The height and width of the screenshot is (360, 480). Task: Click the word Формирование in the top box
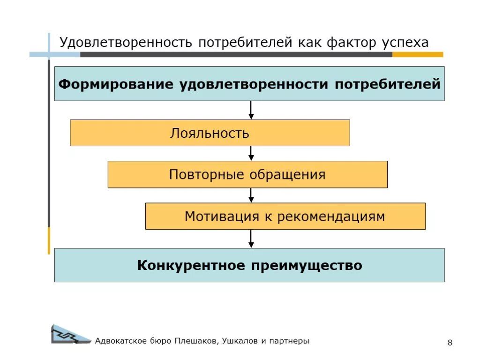[116, 84]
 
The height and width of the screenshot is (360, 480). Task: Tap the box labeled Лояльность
[210, 133]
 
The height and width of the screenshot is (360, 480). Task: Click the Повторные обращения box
[247, 175]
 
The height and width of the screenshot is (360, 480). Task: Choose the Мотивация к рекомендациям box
[285, 217]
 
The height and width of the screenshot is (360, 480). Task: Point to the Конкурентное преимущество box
[249, 266]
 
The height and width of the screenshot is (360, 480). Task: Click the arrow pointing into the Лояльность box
[251, 110]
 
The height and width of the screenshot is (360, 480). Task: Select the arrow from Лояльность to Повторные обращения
[251, 153]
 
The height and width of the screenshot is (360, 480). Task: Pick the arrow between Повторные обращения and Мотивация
[251, 195]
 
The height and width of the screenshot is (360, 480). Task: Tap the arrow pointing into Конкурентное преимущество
[251, 238]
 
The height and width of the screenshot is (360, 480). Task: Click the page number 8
[450, 343]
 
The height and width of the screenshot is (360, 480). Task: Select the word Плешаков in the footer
[196, 341]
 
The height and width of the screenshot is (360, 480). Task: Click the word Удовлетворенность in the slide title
[126, 43]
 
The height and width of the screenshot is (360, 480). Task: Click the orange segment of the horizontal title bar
[417, 54]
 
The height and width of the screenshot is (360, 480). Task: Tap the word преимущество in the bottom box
[306, 266]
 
